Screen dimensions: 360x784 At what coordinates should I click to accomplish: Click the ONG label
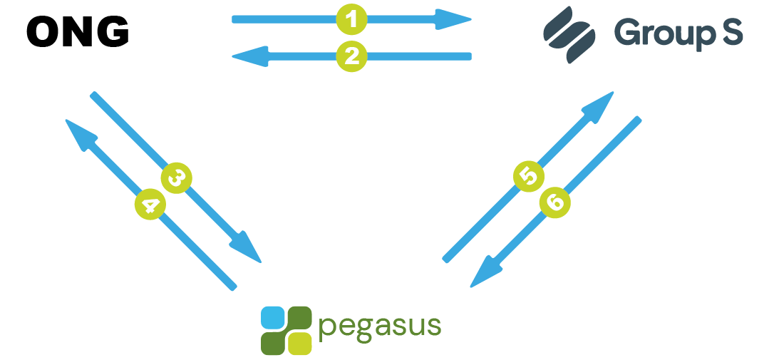click(x=78, y=33)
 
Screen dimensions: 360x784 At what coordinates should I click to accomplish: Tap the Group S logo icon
click(x=568, y=34)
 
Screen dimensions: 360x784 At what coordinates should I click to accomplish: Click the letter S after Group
click(x=731, y=32)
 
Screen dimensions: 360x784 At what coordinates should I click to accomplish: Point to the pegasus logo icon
click(x=287, y=330)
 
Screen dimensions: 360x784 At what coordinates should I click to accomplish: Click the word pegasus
click(x=380, y=326)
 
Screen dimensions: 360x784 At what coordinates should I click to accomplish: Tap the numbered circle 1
click(x=352, y=19)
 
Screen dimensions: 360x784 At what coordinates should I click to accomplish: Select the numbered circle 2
click(x=352, y=56)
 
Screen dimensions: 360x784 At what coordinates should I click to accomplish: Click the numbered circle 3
click(x=177, y=178)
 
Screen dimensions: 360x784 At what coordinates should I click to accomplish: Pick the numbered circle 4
click(x=150, y=205)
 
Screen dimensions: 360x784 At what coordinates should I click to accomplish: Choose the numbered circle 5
click(x=529, y=175)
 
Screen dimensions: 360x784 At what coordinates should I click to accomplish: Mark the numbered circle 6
click(x=555, y=202)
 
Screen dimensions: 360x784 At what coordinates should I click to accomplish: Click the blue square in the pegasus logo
click(x=272, y=317)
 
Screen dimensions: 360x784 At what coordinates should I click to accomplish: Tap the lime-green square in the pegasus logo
click(x=301, y=343)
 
